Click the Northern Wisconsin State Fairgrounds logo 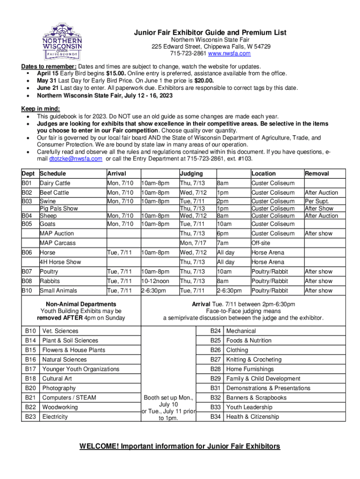(63, 41)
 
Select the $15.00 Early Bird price (115, 73)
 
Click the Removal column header (317, 174)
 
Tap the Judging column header (191, 174)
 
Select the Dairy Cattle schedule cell (55, 183)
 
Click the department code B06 (27, 253)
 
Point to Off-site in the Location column (261, 243)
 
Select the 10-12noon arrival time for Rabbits (155, 281)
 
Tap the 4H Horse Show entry (60, 262)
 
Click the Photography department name (59, 388)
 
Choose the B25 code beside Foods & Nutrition (216, 341)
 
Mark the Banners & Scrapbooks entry (256, 398)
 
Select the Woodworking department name (60, 407)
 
